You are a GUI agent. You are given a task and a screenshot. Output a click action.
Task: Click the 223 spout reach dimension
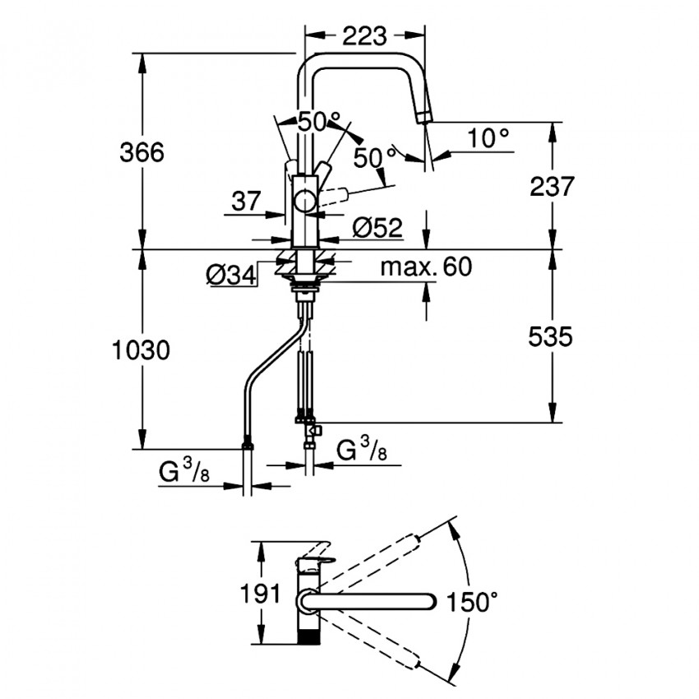tap(365, 35)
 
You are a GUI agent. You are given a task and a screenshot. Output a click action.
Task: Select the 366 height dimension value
tap(141, 152)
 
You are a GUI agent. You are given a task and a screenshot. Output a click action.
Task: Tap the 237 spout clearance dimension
tap(551, 187)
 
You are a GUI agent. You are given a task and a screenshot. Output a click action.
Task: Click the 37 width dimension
tap(246, 200)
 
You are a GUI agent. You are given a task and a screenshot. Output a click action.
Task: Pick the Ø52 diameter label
tap(378, 227)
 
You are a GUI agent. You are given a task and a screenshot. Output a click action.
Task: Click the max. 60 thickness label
tap(426, 267)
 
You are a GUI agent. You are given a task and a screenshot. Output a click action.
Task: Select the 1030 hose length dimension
tap(141, 350)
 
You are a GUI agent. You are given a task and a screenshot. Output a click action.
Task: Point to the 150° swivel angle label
tap(472, 602)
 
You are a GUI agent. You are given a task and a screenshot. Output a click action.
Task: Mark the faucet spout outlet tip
tap(424, 117)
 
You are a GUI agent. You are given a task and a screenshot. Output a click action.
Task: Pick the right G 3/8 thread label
tap(363, 451)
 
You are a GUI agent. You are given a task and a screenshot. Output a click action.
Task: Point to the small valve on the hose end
tap(311, 429)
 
